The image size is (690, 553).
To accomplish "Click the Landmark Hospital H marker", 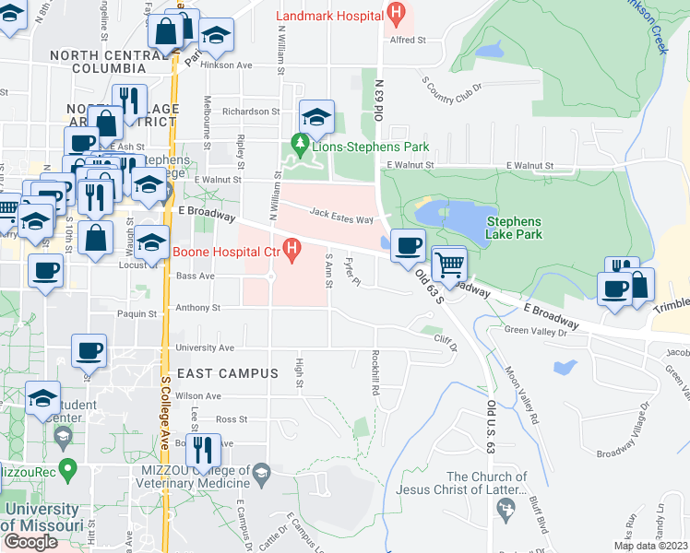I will click(x=396, y=15).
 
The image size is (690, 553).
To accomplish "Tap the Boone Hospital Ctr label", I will click(x=226, y=250).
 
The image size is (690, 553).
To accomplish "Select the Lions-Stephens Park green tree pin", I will click(x=299, y=145).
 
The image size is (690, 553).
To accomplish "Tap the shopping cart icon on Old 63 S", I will click(x=449, y=265).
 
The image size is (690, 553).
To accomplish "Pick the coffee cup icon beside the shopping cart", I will click(x=407, y=246).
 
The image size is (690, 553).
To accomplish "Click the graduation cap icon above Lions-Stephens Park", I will click(x=316, y=116).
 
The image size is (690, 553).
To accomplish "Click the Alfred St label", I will click(x=408, y=40).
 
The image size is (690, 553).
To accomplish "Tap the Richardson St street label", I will click(x=244, y=111).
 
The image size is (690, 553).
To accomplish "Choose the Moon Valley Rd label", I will click(x=521, y=395).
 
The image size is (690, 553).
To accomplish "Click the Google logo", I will click(x=30, y=542).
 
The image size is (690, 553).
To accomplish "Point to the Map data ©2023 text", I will click(x=651, y=546).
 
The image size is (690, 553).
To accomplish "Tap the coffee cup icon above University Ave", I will click(x=89, y=350).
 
